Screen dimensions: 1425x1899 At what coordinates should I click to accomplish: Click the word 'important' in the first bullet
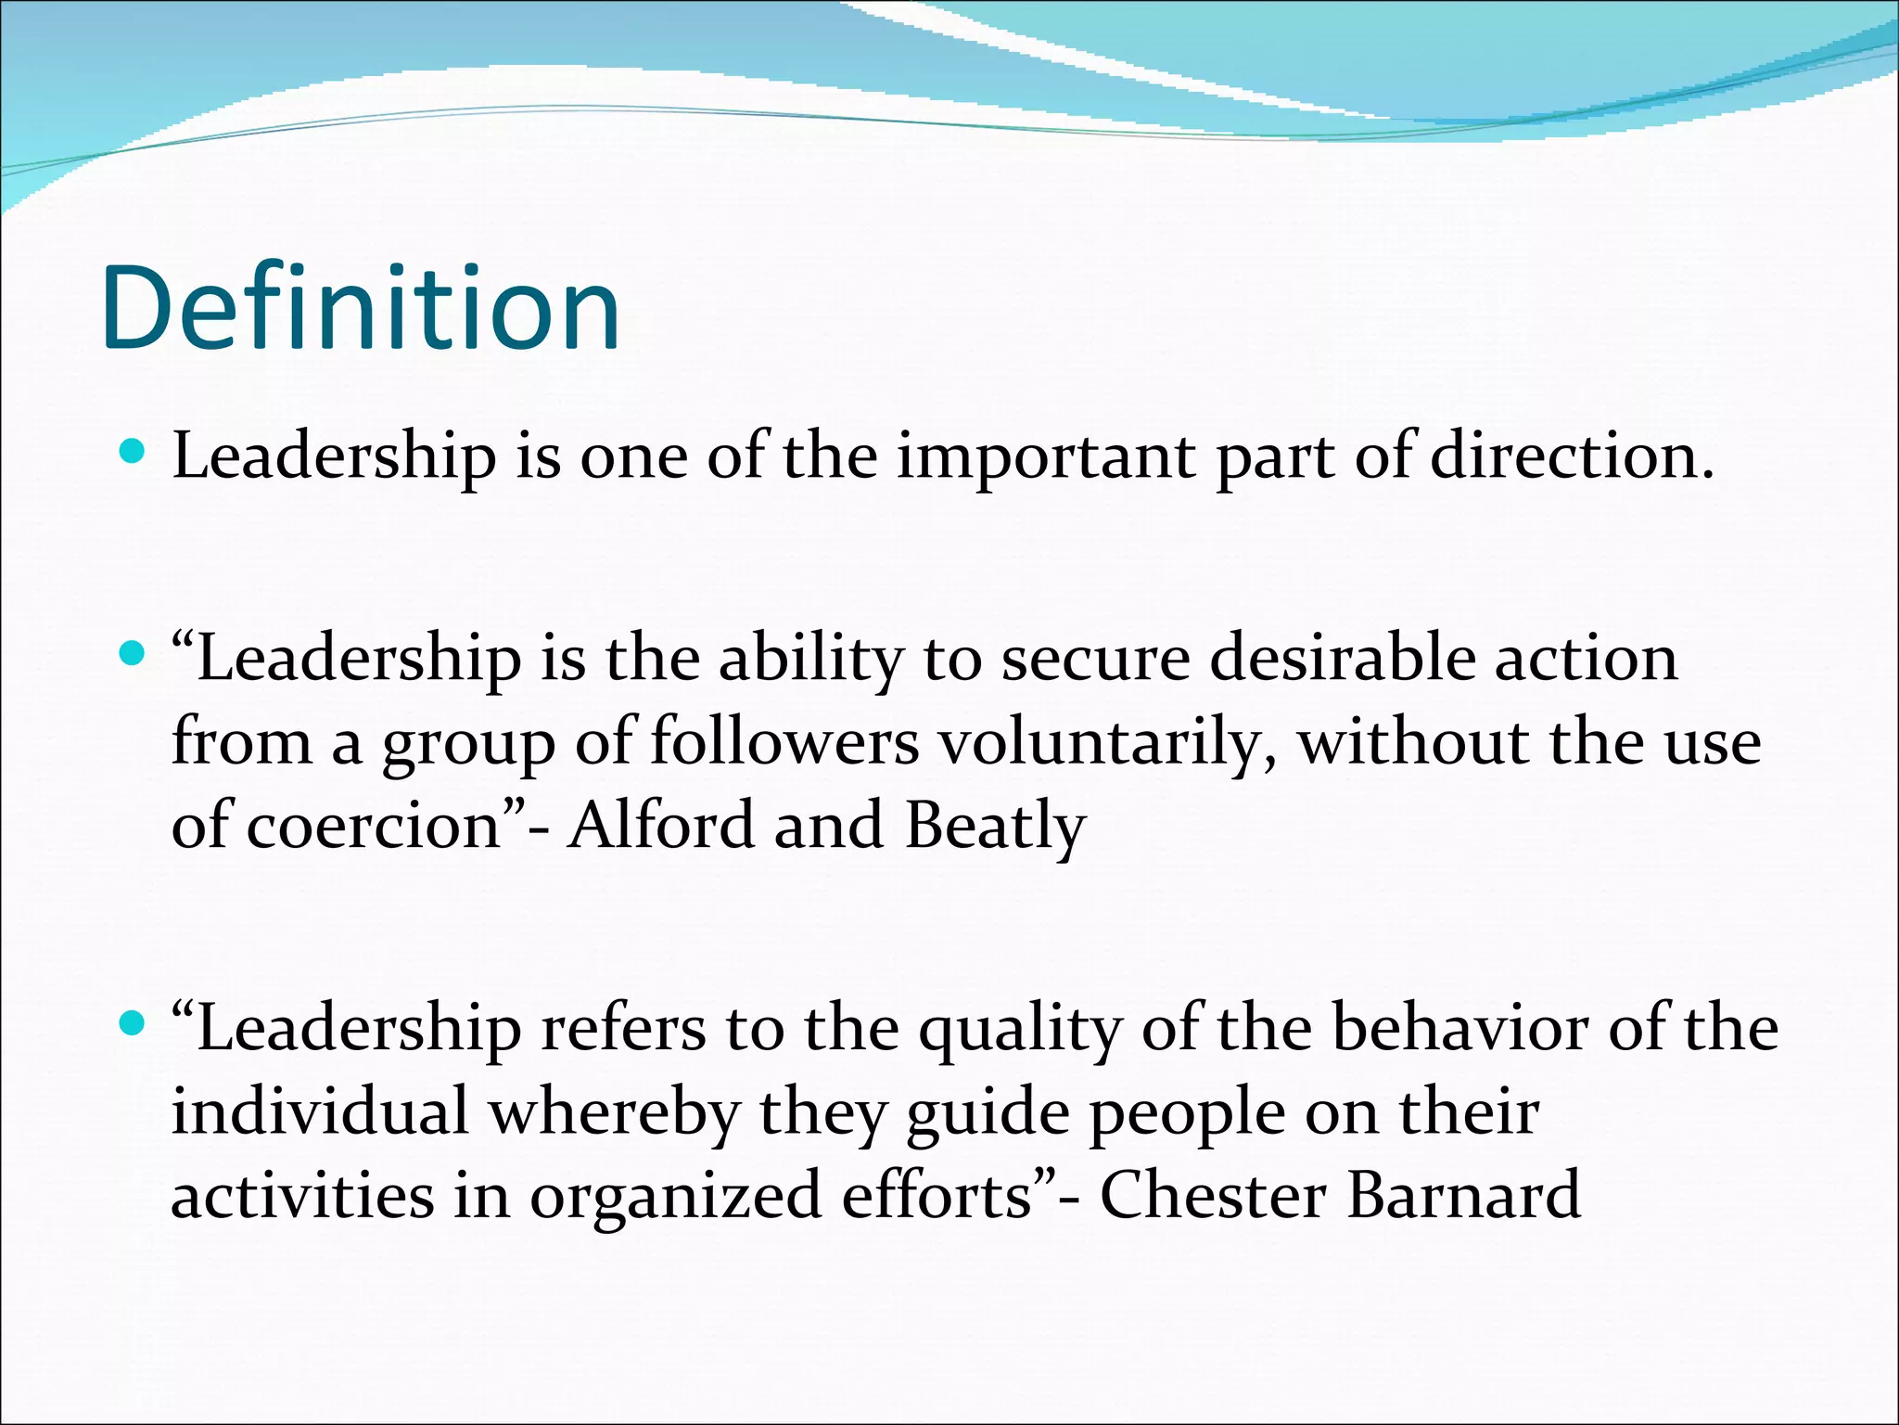(x=1045, y=457)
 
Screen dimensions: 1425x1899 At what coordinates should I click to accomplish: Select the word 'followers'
(x=784, y=742)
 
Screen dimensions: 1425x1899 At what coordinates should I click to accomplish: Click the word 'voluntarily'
(x=1107, y=744)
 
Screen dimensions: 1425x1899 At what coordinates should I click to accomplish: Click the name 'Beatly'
(x=995, y=826)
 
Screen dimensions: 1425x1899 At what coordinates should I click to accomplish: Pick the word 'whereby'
(x=614, y=1113)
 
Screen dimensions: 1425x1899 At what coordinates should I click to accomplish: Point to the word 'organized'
(x=675, y=1197)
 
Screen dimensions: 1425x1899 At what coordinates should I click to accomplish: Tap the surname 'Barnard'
(x=1463, y=1195)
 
